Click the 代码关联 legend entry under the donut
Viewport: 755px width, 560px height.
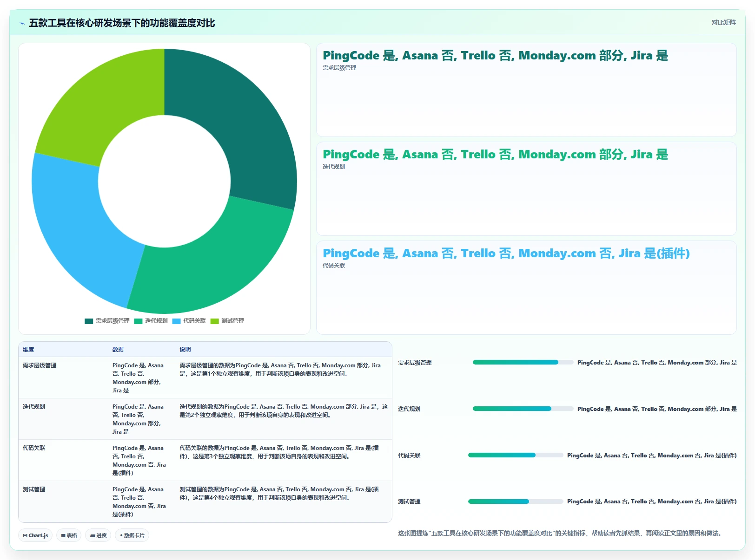pos(189,321)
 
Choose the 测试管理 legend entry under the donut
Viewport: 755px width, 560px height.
pos(227,321)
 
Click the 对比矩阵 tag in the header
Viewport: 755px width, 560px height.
pos(723,22)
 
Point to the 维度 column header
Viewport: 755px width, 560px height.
pos(28,349)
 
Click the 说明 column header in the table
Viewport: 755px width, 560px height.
pos(185,349)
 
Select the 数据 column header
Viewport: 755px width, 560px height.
pos(118,349)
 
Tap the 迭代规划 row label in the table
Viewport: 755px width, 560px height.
pos(33,406)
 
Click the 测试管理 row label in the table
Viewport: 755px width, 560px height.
pos(33,489)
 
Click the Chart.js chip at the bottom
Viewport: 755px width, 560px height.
pos(35,535)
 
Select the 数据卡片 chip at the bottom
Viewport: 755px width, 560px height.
pos(132,535)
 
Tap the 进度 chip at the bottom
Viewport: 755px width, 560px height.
pos(98,535)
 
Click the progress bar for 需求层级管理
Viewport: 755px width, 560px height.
pos(523,362)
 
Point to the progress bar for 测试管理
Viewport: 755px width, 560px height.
pos(516,501)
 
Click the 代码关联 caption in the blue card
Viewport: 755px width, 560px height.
pos(334,265)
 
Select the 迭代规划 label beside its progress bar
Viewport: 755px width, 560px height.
pos(409,409)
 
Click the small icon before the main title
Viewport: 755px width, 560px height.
pos(22,23)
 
